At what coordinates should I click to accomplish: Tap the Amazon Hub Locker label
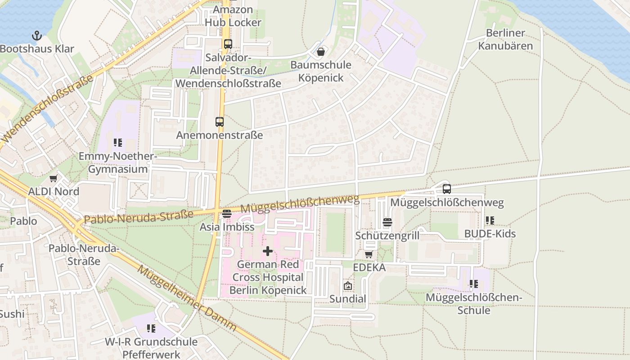(x=233, y=16)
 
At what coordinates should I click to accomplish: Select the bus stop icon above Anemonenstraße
(x=219, y=121)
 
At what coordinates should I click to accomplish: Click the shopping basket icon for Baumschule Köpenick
(x=320, y=52)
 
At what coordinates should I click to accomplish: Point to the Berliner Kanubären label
(x=505, y=40)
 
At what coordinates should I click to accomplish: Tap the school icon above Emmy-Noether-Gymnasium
(x=118, y=143)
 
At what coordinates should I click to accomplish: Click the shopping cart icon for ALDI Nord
(x=54, y=178)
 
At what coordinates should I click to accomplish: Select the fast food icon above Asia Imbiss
(x=227, y=213)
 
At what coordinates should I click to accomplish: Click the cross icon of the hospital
(x=268, y=251)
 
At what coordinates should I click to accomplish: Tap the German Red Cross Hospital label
(x=268, y=277)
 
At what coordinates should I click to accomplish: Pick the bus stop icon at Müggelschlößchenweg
(x=446, y=189)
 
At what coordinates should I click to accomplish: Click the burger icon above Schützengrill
(x=387, y=222)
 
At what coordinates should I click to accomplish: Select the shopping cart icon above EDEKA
(x=369, y=254)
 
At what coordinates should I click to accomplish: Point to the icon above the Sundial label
(x=347, y=286)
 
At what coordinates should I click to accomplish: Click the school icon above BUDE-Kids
(x=490, y=220)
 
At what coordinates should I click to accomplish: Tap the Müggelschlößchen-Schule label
(x=473, y=304)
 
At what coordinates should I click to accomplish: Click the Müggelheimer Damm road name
(x=186, y=298)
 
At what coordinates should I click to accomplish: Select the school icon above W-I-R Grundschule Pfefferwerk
(x=151, y=328)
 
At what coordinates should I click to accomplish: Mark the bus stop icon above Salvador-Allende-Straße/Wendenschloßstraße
(x=228, y=44)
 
